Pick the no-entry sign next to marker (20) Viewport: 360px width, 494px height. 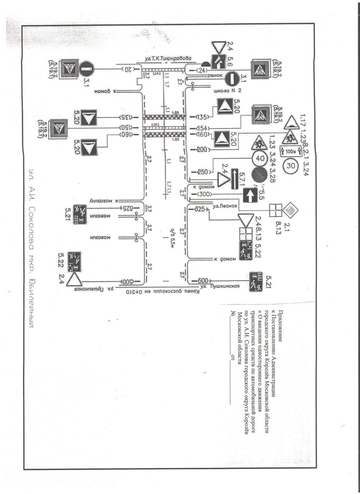[x=87, y=70]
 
